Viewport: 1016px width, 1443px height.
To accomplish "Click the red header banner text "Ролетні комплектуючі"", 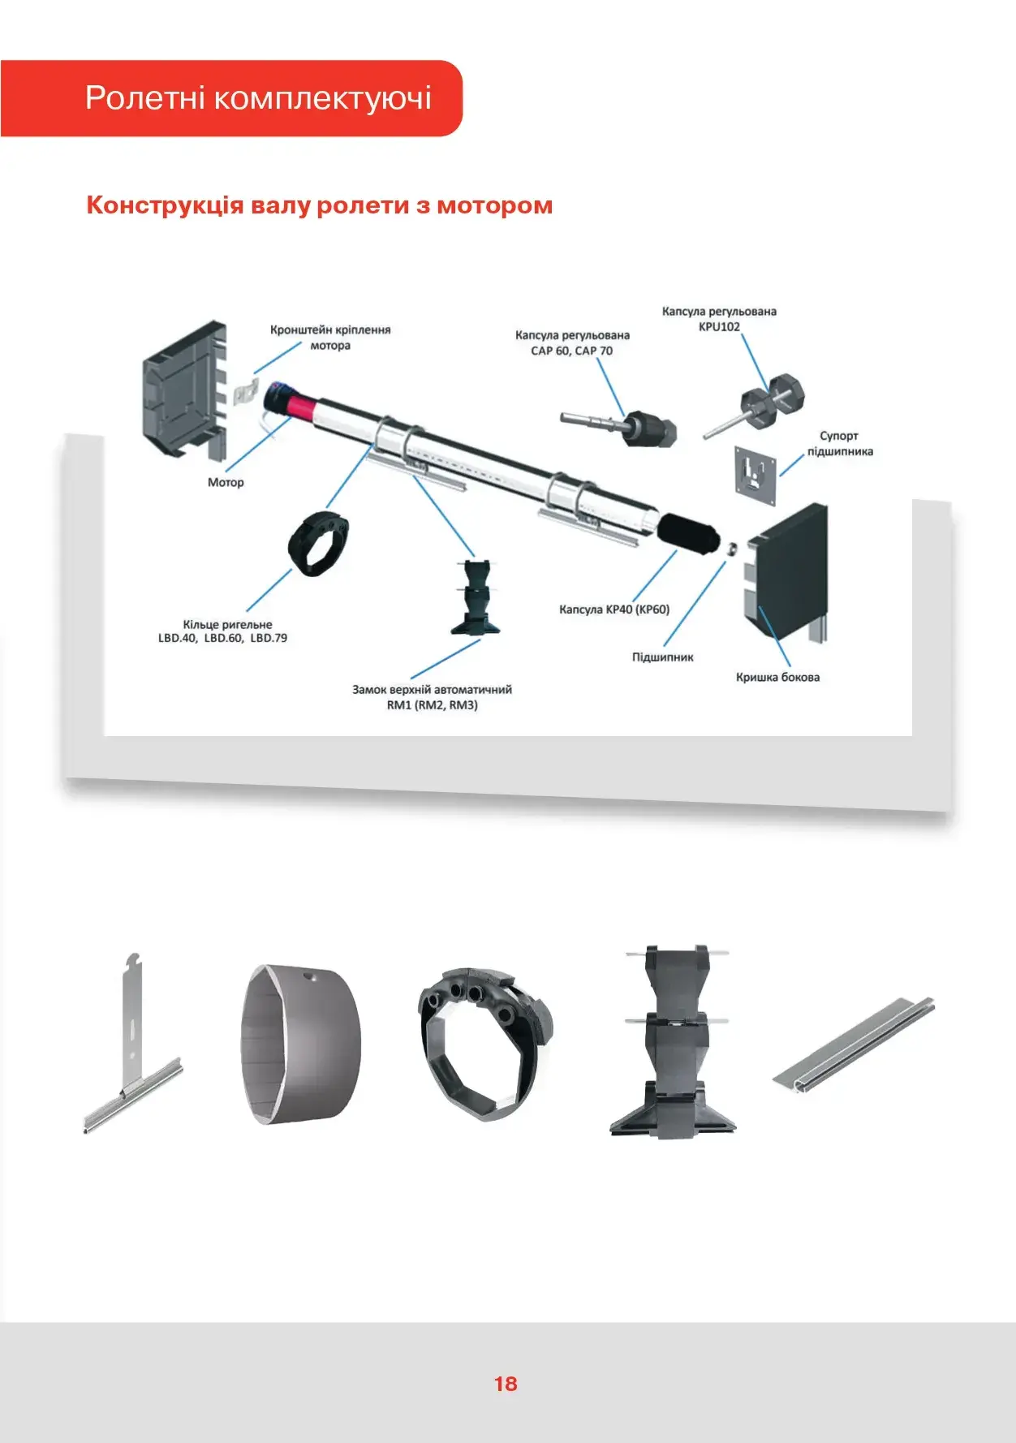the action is [x=258, y=98].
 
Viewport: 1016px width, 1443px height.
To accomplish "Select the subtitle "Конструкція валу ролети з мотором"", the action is [x=319, y=205].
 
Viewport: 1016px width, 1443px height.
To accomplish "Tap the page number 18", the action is [x=506, y=1384].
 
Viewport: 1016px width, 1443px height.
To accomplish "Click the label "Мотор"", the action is [x=226, y=482].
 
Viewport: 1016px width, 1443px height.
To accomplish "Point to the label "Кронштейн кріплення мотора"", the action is [x=330, y=338].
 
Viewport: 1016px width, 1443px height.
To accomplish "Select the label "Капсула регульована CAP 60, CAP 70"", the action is [x=572, y=342].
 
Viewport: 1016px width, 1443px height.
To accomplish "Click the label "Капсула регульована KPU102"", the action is [x=719, y=319].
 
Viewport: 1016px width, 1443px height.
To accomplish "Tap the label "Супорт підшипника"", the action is [x=839, y=444].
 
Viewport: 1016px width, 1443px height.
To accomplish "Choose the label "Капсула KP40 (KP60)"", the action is [x=614, y=610].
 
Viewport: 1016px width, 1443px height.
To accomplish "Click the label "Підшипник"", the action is [x=663, y=657].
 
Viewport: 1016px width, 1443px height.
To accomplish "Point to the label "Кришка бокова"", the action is [x=777, y=677].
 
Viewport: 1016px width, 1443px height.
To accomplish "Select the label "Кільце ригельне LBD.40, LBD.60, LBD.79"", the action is [x=223, y=631].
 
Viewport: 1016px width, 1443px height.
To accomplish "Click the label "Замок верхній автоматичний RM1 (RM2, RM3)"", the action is [x=432, y=697].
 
